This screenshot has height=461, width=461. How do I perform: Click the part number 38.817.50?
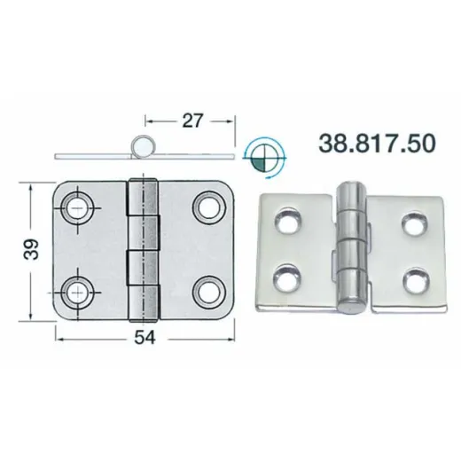pos(378,144)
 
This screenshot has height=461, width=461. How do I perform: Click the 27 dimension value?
pos(192,121)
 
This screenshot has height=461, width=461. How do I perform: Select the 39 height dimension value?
pos(31,249)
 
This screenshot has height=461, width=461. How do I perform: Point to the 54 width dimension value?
pos(145,338)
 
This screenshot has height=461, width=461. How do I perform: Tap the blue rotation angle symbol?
pos(264,158)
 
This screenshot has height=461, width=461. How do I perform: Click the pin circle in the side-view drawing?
pos(144,146)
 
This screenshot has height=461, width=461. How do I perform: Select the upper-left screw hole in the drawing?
pos(77,207)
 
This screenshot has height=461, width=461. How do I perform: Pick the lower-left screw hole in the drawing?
pos(77,293)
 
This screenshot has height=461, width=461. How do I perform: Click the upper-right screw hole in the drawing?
pos(208,207)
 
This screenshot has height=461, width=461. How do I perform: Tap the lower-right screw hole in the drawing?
pos(208,292)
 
